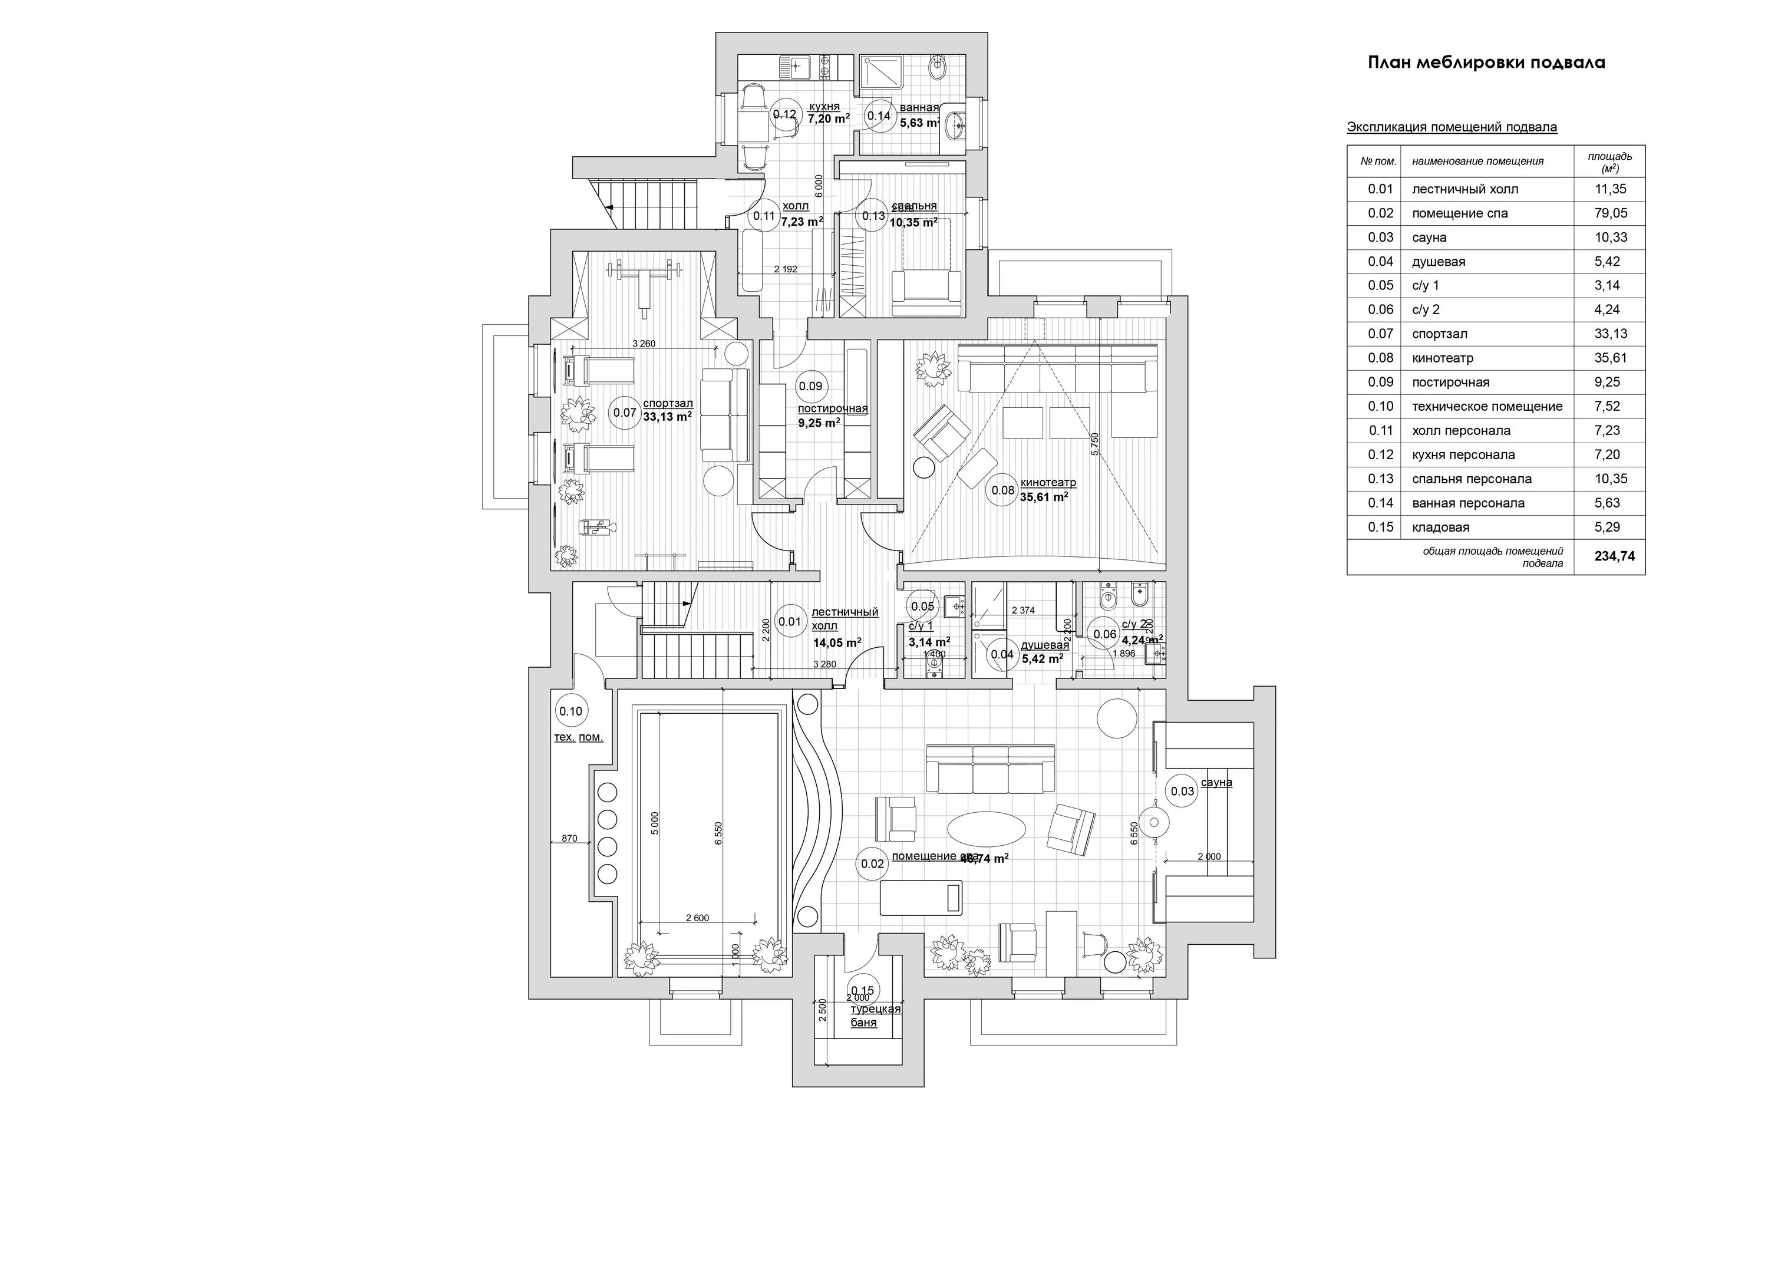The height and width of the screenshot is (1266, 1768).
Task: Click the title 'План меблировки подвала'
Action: point(1486,63)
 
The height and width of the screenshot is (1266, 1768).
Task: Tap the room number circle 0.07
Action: point(625,413)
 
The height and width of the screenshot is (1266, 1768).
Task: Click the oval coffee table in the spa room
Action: point(985,829)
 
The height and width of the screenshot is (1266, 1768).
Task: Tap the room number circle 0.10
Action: point(570,711)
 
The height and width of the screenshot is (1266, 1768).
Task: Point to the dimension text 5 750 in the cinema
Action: point(1094,447)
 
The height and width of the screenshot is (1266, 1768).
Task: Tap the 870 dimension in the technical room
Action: point(569,838)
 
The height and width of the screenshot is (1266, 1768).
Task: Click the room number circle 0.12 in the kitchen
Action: point(784,114)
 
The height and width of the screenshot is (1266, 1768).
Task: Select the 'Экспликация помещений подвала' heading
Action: point(1452,127)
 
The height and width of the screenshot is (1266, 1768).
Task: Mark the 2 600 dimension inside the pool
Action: point(697,918)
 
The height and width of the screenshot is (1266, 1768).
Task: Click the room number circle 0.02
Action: point(872,864)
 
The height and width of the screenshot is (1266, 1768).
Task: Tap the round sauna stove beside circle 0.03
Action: point(1154,822)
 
